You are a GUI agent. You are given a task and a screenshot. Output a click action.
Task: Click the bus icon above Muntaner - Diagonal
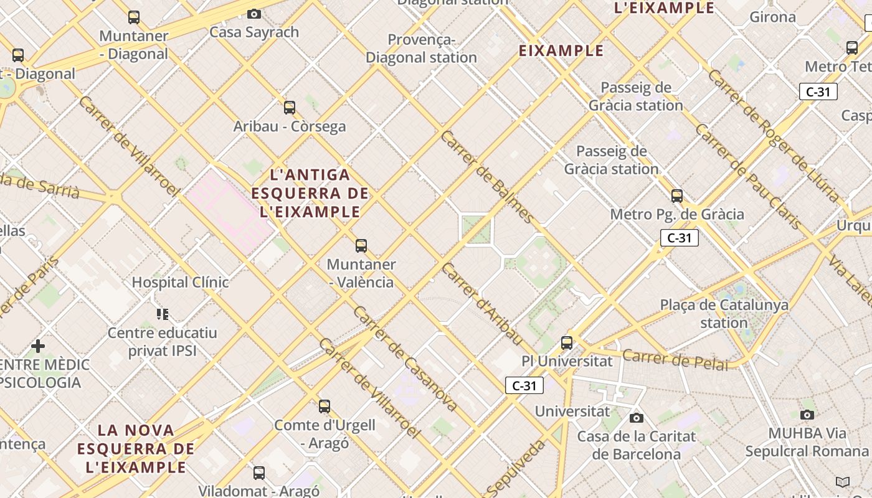134,17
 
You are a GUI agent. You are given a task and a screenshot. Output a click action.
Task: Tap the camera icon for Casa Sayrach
254,14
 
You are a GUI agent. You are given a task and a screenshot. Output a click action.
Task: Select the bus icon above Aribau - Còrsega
290,108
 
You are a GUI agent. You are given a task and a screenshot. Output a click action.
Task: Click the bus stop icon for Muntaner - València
361,246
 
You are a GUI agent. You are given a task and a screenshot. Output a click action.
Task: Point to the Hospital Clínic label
180,283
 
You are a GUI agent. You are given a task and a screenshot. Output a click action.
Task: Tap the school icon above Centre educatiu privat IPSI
163,314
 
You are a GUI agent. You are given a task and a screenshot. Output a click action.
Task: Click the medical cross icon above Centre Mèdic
38,345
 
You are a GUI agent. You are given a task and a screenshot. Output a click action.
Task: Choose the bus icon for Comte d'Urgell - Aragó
325,406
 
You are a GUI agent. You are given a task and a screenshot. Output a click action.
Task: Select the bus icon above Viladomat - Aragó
259,472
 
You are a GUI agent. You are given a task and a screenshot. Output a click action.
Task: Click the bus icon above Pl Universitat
567,342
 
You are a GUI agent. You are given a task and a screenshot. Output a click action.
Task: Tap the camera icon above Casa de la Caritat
636,418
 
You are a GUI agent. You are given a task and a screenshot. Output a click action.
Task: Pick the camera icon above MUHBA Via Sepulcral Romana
807,415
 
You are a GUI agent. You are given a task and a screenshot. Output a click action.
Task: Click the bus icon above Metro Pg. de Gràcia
677,196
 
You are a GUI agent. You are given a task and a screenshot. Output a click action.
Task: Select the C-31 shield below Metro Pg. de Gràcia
680,238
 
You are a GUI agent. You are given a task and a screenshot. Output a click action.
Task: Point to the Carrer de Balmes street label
486,177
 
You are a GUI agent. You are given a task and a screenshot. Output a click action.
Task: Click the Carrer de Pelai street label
675,360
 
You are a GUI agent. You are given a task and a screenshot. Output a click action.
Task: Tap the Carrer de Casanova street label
405,359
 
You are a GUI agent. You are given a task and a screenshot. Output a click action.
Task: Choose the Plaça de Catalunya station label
724,314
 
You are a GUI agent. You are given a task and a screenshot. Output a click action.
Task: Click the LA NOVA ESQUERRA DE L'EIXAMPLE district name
136,448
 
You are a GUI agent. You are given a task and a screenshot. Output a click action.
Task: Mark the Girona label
772,17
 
